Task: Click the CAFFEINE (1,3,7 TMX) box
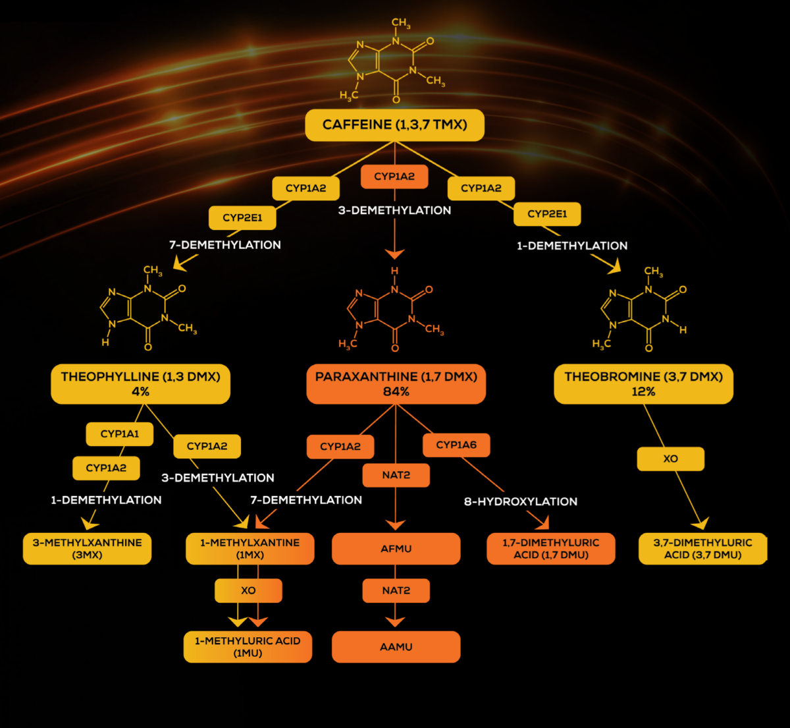(394, 125)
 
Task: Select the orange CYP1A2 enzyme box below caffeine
(394, 177)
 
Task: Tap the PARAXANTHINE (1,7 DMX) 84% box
(396, 384)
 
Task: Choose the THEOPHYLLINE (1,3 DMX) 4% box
(140, 384)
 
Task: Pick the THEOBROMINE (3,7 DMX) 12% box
(643, 384)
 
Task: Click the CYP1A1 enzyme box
(120, 434)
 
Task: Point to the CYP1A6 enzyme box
(456, 445)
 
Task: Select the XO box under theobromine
(670, 459)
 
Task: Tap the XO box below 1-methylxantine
(248, 590)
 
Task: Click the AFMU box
(396, 549)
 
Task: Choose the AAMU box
(396, 647)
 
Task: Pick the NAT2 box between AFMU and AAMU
(396, 590)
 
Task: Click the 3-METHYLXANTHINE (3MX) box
(87, 549)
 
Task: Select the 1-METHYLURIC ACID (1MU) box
(248, 647)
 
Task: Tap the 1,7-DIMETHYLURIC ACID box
(551, 549)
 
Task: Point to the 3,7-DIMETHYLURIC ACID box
(702, 549)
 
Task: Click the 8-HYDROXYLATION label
(521, 502)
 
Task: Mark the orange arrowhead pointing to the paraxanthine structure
(394, 254)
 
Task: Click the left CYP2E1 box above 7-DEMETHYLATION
(242, 217)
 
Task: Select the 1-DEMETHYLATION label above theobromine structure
(572, 246)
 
